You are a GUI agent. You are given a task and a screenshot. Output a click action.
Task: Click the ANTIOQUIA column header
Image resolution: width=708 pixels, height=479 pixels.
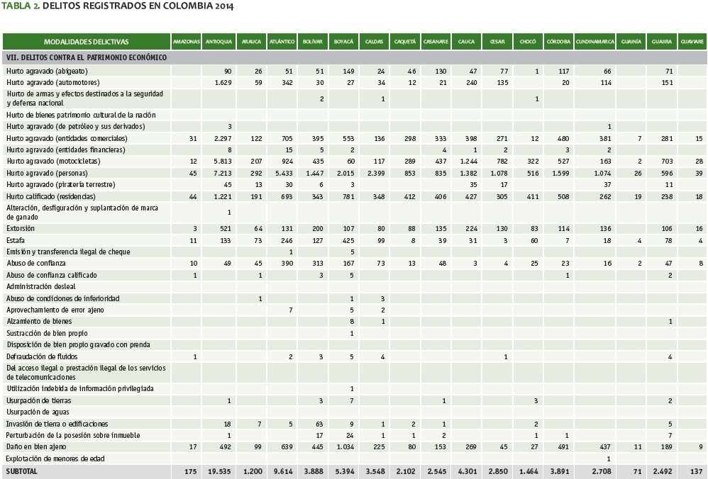click(x=219, y=42)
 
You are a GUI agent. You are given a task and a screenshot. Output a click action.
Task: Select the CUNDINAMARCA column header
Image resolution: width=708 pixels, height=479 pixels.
click(x=594, y=42)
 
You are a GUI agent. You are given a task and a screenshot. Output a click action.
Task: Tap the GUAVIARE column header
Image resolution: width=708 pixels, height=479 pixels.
click(x=692, y=42)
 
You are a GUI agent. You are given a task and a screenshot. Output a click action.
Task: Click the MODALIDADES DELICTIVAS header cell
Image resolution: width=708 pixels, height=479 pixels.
click(x=86, y=42)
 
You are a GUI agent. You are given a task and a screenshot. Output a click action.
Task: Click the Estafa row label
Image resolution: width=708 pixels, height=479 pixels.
click(x=16, y=240)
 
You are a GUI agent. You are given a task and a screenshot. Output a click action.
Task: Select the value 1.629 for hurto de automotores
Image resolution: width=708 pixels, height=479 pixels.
click(x=223, y=83)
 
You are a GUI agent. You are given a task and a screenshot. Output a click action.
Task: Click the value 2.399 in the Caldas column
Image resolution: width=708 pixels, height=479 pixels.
click(x=376, y=173)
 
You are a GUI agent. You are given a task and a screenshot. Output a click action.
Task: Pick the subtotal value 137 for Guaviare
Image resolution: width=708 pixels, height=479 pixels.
click(x=697, y=471)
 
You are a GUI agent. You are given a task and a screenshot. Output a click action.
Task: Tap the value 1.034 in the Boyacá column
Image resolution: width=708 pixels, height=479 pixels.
click(x=345, y=446)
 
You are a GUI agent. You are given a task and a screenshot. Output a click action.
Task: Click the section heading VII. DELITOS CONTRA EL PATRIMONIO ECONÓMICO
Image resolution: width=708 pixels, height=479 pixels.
click(x=86, y=57)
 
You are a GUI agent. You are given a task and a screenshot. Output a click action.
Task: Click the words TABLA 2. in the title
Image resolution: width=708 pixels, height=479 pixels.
click(x=21, y=6)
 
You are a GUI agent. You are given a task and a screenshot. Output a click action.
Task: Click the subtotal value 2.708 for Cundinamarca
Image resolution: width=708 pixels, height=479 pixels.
click(x=601, y=471)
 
